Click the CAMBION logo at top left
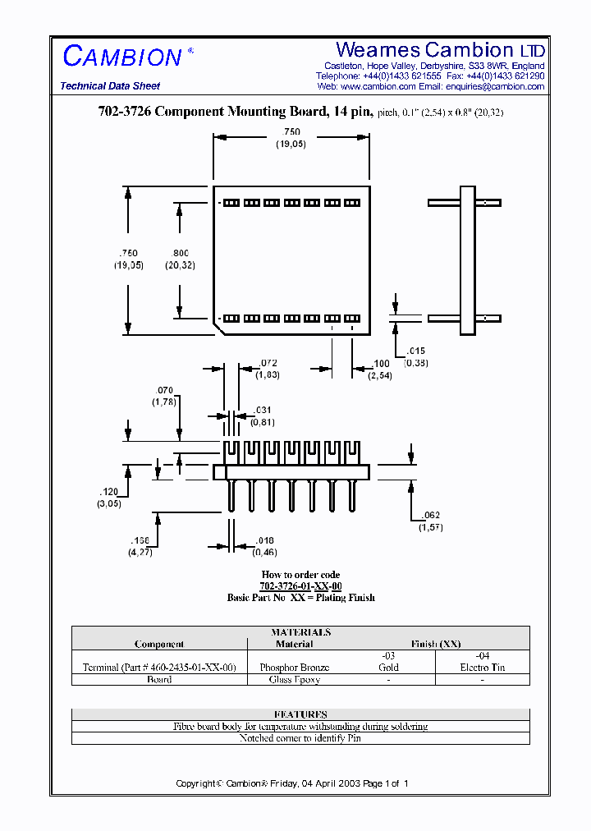[123, 57]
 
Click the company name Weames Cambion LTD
[440, 49]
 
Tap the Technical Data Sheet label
[110, 86]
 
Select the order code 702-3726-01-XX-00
[300, 586]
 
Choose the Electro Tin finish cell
[483, 668]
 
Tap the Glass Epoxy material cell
[294, 680]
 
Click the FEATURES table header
[300, 714]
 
